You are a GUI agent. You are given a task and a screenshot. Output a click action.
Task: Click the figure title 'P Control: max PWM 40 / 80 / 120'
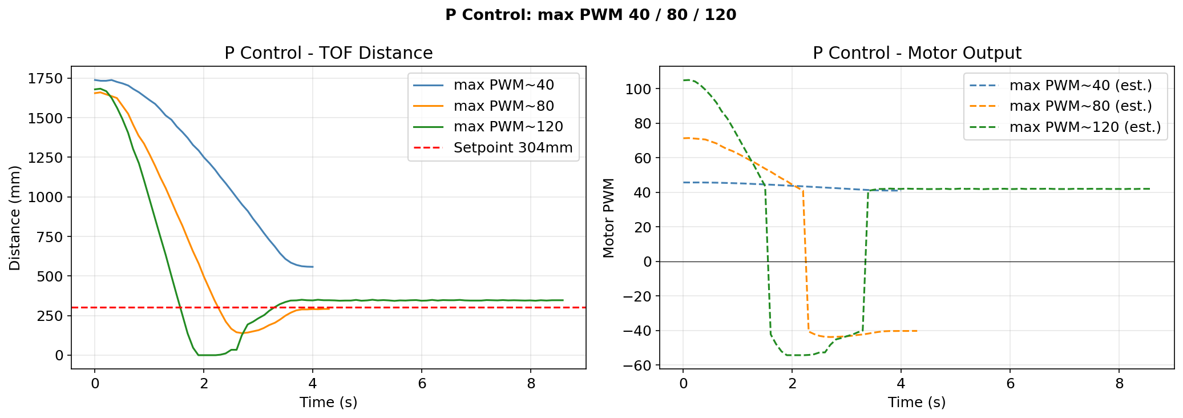[x=591, y=15]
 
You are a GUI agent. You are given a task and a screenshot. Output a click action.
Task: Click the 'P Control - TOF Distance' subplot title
[x=328, y=53]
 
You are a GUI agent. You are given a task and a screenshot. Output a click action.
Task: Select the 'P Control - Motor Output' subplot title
[x=916, y=53]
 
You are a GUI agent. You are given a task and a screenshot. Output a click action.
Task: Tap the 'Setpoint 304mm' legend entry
[x=512, y=148]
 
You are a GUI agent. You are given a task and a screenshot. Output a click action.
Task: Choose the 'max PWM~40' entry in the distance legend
[x=503, y=85]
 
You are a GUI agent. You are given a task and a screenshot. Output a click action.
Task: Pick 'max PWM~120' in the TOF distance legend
[x=508, y=127]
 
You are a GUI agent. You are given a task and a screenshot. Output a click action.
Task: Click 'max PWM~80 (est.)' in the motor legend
[x=1080, y=106]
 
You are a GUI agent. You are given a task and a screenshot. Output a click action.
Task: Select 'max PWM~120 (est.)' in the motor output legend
[x=1085, y=127]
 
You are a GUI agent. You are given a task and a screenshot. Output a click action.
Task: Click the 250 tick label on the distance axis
[x=53, y=316]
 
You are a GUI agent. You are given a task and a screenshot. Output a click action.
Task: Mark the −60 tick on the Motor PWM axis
[x=637, y=365]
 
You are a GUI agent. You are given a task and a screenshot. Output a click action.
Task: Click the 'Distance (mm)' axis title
[x=15, y=218]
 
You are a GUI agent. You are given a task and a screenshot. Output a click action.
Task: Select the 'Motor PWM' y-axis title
[x=608, y=218]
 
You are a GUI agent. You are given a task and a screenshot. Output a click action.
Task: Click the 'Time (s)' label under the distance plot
[x=328, y=403]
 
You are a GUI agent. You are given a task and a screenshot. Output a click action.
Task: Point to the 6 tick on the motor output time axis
[x=1010, y=384]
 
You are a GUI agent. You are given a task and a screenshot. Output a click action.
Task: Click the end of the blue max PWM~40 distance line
[x=313, y=267]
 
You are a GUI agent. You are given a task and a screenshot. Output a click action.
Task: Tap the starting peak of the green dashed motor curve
[x=688, y=80]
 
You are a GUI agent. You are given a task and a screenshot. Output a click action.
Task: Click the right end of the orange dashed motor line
[x=916, y=331]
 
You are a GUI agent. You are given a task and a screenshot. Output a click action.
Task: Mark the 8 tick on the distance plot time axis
[x=531, y=384]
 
